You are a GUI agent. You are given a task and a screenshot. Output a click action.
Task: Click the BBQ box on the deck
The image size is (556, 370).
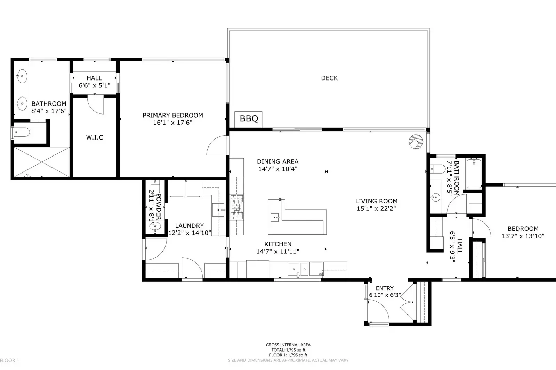(248, 119)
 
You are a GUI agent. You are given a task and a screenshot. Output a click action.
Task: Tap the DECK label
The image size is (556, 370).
(329, 78)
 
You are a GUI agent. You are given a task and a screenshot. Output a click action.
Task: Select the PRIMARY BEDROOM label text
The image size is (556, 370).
(172, 115)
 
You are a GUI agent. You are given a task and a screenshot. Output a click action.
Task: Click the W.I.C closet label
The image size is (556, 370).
(95, 137)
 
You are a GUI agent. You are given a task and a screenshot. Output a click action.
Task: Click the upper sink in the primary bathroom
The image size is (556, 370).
(22, 75)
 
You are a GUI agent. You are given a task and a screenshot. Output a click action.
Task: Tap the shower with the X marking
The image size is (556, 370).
(41, 162)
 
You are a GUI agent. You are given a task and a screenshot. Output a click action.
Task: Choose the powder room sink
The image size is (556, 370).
(155, 226)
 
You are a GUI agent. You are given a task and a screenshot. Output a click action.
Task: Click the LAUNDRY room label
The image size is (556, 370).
(189, 226)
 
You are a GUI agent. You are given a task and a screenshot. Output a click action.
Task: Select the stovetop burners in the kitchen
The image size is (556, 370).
(236, 207)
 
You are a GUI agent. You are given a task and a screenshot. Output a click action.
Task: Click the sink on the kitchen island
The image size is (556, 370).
(275, 218)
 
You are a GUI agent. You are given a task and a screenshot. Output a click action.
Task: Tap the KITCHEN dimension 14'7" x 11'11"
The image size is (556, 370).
(277, 251)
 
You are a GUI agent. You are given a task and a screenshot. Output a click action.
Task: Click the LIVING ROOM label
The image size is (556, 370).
(376, 201)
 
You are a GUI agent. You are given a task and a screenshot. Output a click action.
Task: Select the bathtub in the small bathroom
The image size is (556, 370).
(474, 174)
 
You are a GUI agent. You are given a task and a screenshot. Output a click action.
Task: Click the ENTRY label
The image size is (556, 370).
(385, 288)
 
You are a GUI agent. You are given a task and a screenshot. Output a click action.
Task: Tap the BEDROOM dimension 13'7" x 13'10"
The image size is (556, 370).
(523, 236)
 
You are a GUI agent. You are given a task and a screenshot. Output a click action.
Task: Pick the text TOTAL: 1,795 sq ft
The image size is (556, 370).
(288, 350)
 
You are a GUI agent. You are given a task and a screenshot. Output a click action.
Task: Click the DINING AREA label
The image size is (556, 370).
(277, 161)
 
